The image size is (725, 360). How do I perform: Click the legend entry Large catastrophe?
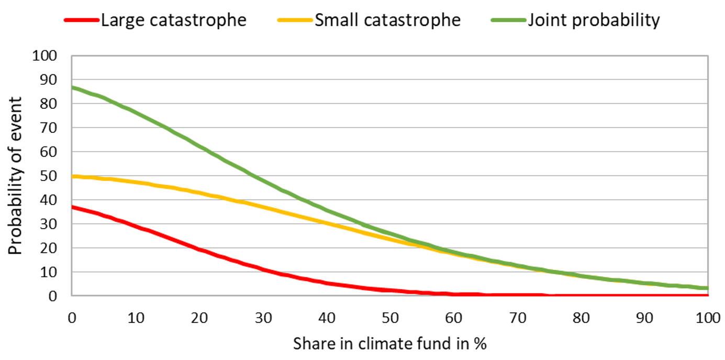pos(173,20)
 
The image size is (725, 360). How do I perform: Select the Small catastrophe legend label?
pos(387,20)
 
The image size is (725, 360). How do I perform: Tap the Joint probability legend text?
pos(594,20)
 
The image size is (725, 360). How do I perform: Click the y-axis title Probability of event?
pos(16,176)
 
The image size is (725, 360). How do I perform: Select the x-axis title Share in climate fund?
pos(390,344)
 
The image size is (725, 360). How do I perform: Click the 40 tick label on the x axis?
pos(327,318)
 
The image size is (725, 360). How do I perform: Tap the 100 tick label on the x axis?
pos(708,318)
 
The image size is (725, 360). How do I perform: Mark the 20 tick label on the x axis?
pos(199,318)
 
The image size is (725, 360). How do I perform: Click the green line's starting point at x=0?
pos(73,87)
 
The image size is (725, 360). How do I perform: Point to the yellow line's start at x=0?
pos(73,176)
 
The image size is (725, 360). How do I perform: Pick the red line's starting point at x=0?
pos(73,207)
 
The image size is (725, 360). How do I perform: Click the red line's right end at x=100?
pos(708,295)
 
